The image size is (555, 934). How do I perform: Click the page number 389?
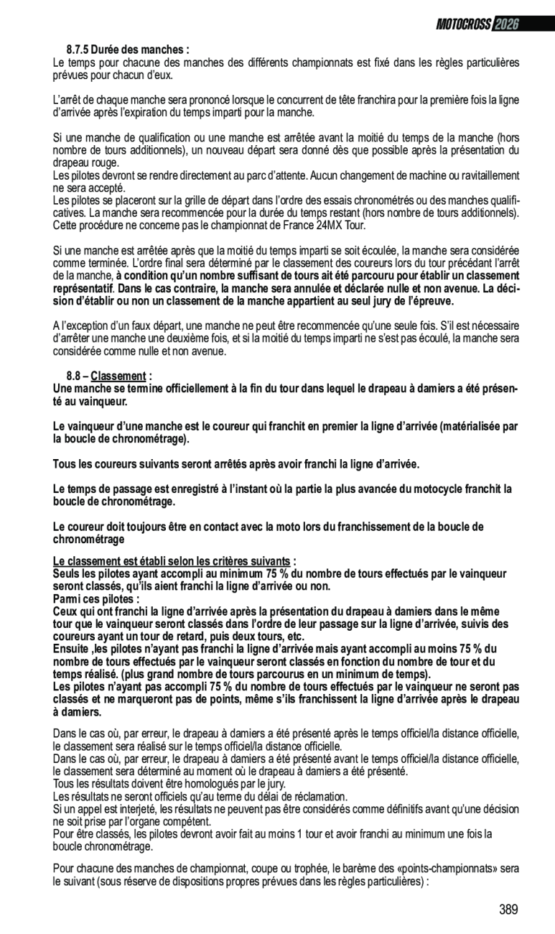tap(508, 910)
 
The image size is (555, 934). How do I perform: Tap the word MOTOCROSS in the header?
tap(464, 24)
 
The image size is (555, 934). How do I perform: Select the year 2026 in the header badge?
tap(506, 24)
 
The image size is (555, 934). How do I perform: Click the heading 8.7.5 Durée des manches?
tap(128, 50)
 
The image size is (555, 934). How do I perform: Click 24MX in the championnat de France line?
tap(297, 226)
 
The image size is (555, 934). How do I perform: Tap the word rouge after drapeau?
tap(106, 163)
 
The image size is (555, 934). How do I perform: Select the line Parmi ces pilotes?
tap(96, 598)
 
